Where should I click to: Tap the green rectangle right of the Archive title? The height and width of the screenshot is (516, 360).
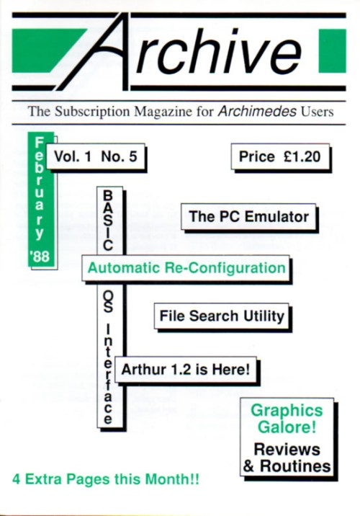click(332, 50)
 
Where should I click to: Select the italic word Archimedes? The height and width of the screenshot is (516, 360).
click(257, 111)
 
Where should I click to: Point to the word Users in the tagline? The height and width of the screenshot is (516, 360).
click(317, 112)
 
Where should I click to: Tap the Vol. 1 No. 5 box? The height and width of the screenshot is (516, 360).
click(96, 156)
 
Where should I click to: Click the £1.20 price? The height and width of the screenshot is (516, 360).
click(302, 156)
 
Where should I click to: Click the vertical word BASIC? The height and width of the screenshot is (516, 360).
click(107, 221)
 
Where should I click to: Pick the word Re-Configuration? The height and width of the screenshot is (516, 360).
click(225, 268)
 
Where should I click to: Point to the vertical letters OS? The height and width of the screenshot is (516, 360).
click(107, 303)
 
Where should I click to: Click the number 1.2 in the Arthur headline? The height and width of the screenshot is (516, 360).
click(181, 370)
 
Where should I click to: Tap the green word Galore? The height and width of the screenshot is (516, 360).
click(287, 427)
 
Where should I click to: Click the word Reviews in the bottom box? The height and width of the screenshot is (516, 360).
click(287, 450)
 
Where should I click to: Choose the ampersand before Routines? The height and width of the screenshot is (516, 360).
click(249, 466)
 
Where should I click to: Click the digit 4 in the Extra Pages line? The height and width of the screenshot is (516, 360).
click(17, 479)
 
